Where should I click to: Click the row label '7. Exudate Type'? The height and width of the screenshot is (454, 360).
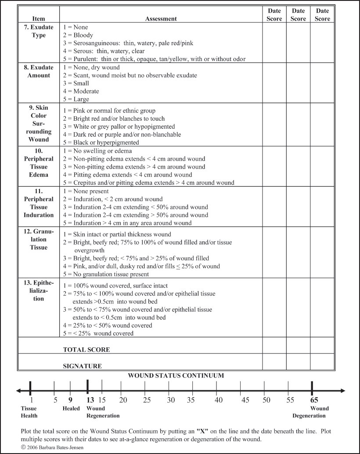pos(39,31)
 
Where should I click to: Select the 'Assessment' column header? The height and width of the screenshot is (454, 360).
pos(161,19)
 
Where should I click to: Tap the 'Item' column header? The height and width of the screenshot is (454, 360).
pos(39,19)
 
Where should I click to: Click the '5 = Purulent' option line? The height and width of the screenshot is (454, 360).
pos(154,59)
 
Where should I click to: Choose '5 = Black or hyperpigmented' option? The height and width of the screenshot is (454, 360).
pos(101,142)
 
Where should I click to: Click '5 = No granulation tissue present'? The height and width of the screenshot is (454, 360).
pos(106,274)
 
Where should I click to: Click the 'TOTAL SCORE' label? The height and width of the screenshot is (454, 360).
pos(86,350)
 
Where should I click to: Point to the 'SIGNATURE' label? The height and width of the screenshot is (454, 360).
pos(83,366)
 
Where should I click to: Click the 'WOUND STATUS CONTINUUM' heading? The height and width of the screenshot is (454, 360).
pos(176,376)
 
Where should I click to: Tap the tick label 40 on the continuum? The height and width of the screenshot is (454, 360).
pos(219,400)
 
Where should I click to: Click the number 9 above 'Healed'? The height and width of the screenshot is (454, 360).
pos(70,400)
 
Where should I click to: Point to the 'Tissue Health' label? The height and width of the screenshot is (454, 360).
pos(29,412)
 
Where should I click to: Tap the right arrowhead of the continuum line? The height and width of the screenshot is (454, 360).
pos(343,390)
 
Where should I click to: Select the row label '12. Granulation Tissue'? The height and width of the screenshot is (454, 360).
pos(39,239)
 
